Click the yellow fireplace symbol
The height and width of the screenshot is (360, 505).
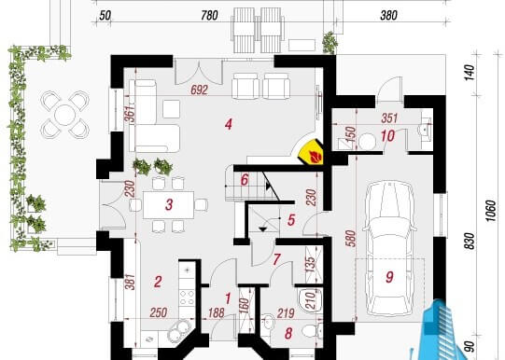pos(311,152)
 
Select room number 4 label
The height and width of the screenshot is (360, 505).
pos(229,124)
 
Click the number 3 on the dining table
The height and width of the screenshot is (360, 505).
pos(169,204)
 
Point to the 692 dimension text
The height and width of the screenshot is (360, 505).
pos(199,90)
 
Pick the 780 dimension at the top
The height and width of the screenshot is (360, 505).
pos(209,16)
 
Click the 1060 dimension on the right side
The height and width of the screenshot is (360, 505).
pos(490,211)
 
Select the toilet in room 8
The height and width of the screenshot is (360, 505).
pos(312,330)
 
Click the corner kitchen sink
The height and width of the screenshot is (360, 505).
pos(180,330)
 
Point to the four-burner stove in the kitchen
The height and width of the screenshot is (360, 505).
pos(187,298)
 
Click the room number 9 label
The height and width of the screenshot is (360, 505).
pos(389,277)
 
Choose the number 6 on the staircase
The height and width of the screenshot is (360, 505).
pos(245,180)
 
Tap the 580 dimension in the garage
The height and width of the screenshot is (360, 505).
pos(351,238)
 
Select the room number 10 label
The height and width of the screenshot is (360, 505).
pos(387,136)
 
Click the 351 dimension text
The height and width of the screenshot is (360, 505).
pos(389,118)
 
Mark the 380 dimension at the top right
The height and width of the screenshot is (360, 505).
pos(388,16)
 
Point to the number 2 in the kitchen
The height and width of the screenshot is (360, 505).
pos(158,282)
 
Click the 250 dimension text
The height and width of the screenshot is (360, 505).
pos(159,312)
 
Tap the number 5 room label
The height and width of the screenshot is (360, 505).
pos(291,220)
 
